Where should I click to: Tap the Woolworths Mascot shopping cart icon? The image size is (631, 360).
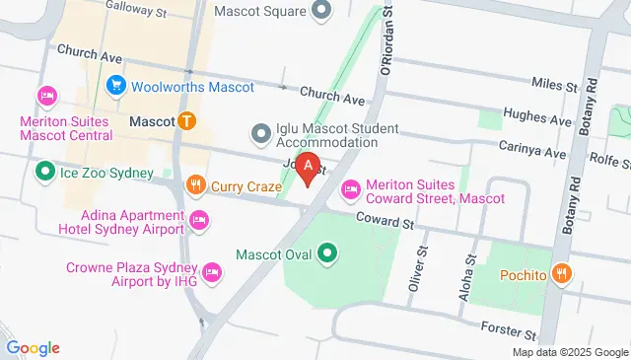pyautogui.click(x=117, y=86)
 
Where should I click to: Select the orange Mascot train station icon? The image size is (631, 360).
pyautogui.click(x=186, y=121)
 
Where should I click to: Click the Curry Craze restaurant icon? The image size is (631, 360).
pyautogui.click(x=196, y=184)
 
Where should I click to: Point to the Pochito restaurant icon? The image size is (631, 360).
pyautogui.click(x=562, y=273)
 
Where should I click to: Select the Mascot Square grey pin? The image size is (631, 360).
pyautogui.click(x=320, y=13)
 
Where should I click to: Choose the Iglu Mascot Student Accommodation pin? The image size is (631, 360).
pyautogui.click(x=261, y=132)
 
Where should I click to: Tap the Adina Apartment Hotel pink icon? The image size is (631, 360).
pyautogui.click(x=198, y=219)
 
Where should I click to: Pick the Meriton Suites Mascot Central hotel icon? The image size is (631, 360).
pyautogui.click(x=45, y=96)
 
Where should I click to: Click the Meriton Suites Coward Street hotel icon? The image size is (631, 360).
pyautogui.click(x=350, y=188)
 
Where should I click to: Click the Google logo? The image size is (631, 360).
pyautogui.click(x=33, y=347)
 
